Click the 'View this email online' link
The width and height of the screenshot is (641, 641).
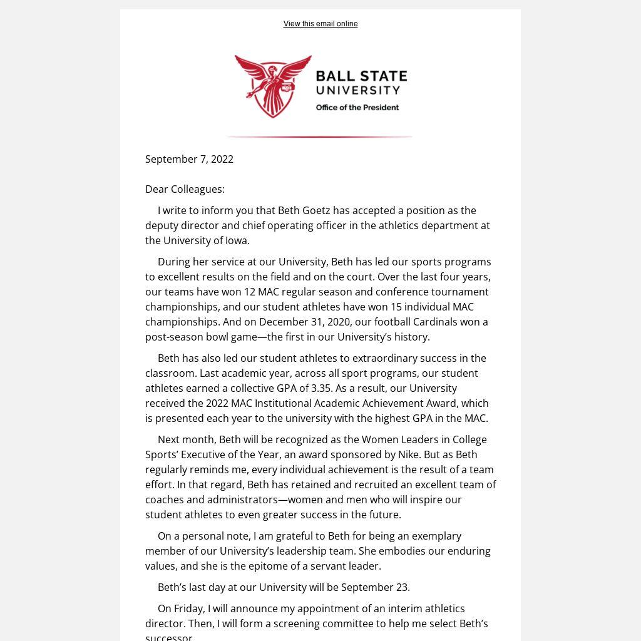(x=320, y=24)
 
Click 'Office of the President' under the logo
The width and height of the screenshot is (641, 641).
(x=357, y=108)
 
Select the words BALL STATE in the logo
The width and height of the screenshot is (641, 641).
(x=361, y=77)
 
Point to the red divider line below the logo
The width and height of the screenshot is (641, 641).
(x=319, y=136)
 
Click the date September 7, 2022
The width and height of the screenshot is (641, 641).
(x=189, y=159)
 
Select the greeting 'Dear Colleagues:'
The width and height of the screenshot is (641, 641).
(x=185, y=189)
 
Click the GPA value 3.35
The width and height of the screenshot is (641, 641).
(x=324, y=388)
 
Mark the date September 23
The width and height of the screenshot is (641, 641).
(x=375, y=587)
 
